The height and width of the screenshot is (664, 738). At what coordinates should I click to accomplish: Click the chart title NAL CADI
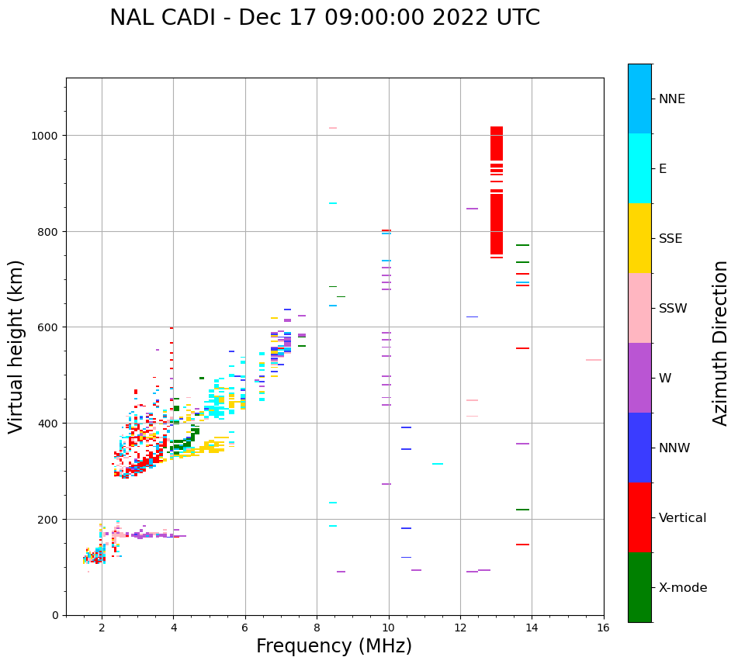click(324, 18)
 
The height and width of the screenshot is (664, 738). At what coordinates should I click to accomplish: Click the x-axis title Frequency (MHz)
click(334, 646)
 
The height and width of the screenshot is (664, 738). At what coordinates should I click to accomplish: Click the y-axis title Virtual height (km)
click(16, 347)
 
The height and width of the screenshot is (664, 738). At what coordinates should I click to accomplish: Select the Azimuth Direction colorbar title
click(721, 343)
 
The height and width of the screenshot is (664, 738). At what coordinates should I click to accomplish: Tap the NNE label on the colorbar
click(672, 99)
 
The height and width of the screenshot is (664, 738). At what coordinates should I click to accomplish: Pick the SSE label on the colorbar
click(670, 239)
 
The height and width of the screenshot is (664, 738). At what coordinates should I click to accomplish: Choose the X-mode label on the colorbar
click(683, 588)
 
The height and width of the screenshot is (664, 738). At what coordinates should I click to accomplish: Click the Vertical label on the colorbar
click(682, 518)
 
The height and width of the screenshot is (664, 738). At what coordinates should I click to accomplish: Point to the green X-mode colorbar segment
click(639, 587)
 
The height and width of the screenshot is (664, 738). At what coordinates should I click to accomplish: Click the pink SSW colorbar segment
click(639, 308)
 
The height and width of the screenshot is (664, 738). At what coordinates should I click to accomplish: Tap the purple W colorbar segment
click(639, 378)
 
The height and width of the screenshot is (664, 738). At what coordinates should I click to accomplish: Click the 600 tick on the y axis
click(49, 327)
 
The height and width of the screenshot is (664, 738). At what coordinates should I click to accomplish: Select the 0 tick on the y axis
click(55, 615)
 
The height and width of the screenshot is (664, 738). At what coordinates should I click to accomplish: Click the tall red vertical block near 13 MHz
click(497, 194)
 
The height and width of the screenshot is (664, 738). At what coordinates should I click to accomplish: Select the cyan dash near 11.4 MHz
click(438, 464)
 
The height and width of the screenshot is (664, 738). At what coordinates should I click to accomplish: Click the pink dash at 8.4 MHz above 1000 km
click(333, 128)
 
